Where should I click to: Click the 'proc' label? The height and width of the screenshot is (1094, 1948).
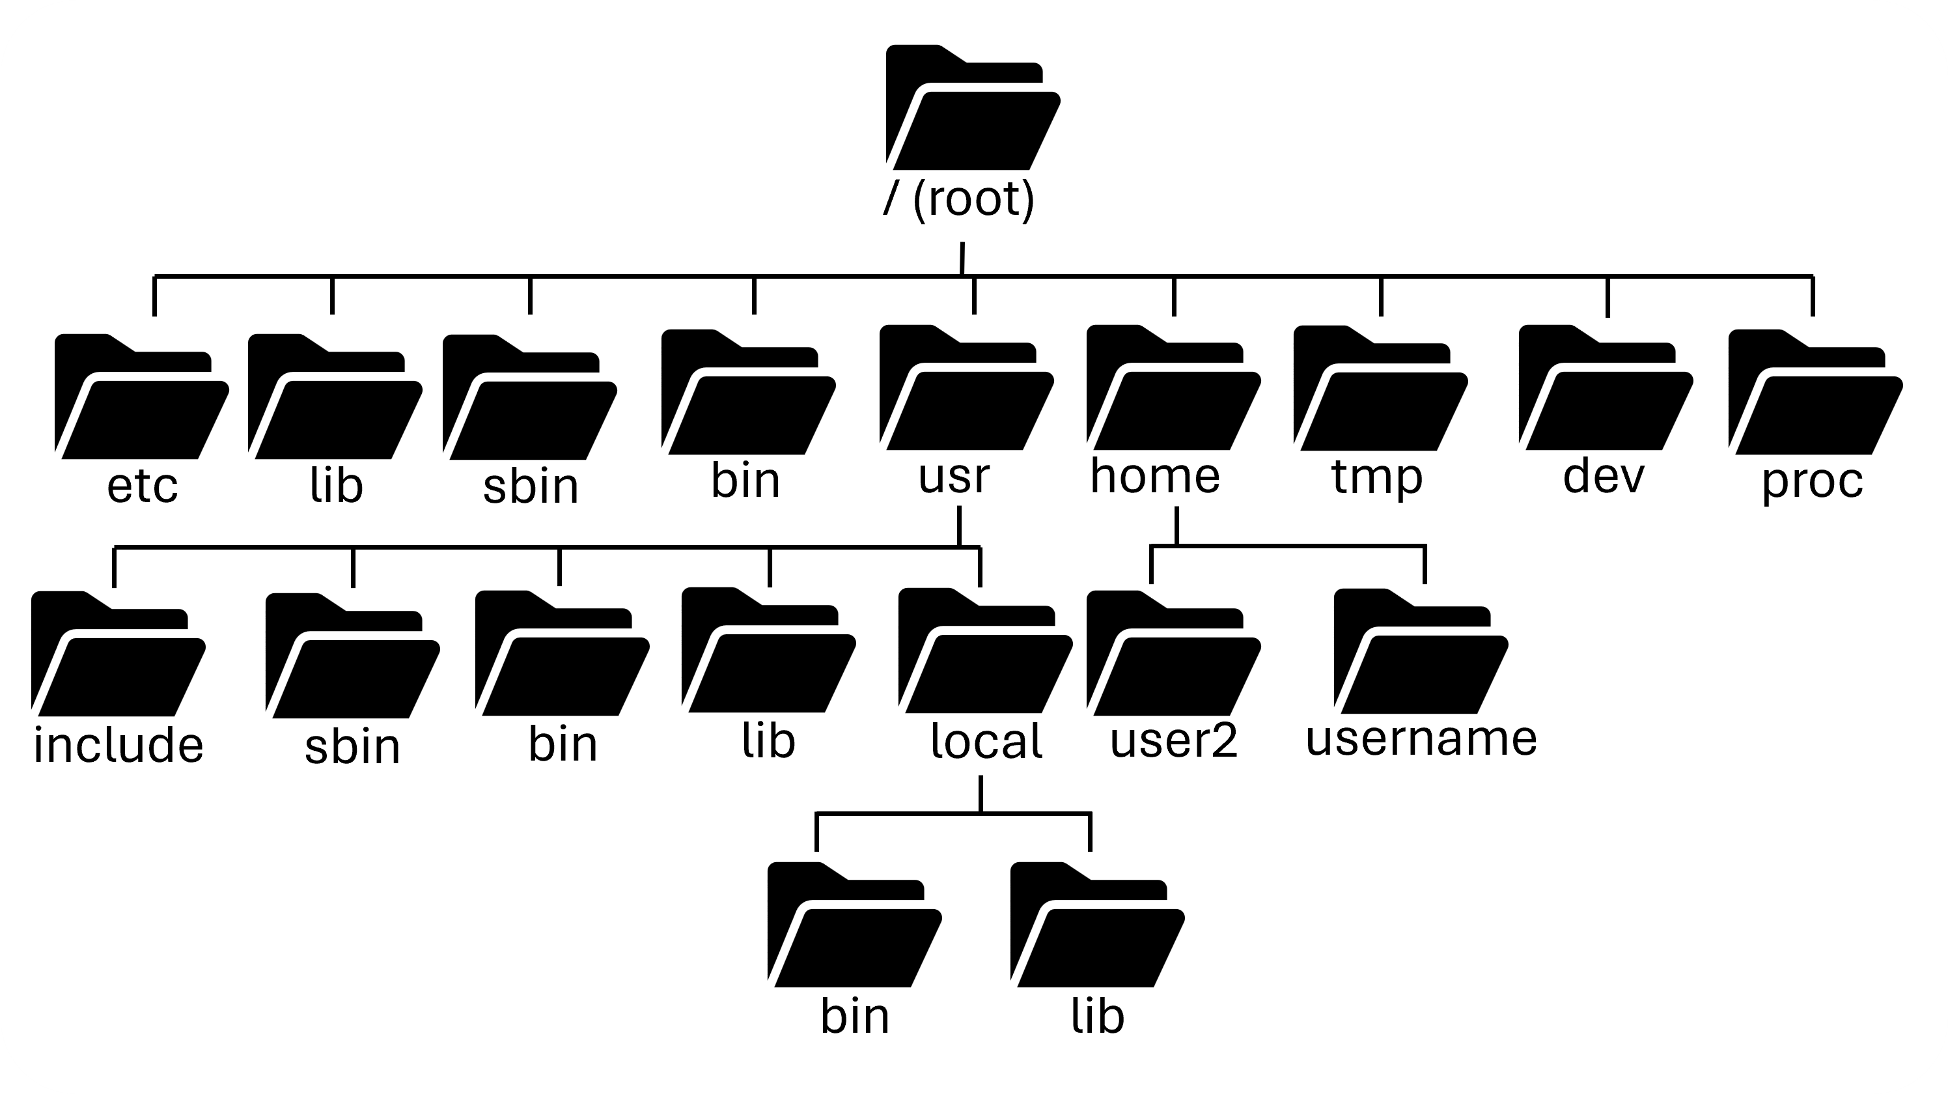coord(1812,481)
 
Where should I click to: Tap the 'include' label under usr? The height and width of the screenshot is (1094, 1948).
coord(118,745)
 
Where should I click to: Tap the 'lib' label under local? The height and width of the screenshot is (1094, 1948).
coord(1097,1015)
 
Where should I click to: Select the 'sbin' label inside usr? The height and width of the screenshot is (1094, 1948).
coord(352,747)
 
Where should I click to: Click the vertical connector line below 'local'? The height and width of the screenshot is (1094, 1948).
coord(981,794)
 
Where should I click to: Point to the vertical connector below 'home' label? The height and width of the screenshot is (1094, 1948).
coord(1176,526)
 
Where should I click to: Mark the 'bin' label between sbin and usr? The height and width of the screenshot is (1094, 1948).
coord(745,481)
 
